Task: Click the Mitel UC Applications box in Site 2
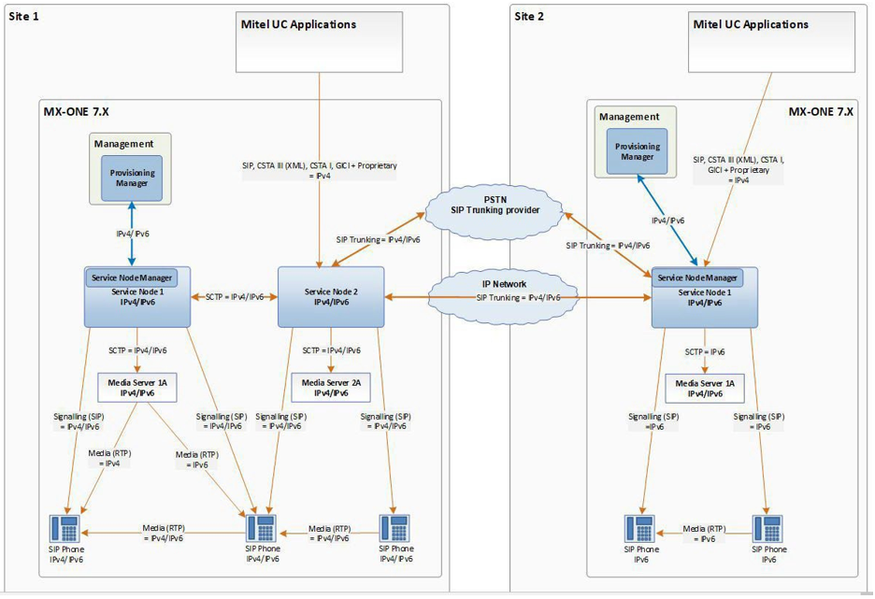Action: tap(771, 42)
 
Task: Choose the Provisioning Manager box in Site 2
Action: tap(642, 152)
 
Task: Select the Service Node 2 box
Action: tap(331, 297)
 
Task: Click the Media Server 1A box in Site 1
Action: tap(136, 387)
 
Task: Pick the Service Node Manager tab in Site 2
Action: tap(697, 278)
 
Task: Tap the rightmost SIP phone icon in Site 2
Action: tap(767, 528)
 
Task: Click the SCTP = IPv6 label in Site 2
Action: tap(705, 352)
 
